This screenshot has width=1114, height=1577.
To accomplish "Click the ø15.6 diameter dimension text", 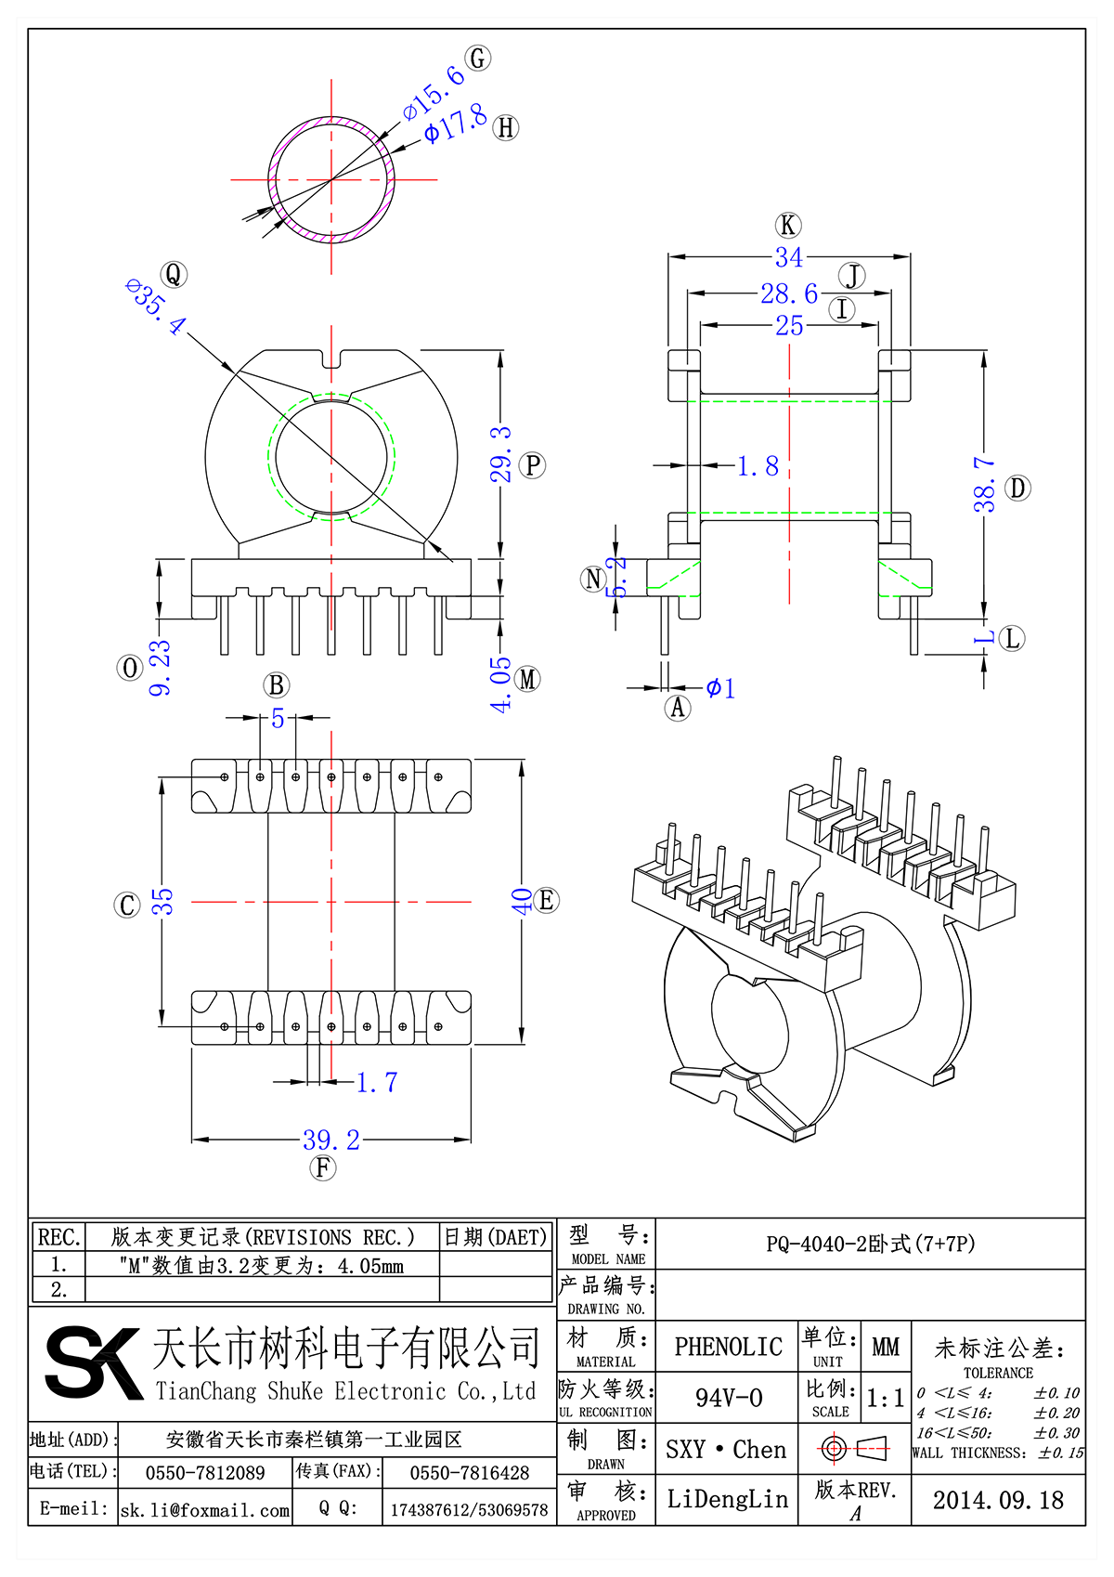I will (x=434, y=93).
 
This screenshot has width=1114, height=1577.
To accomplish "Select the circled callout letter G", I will (x=478, y=59).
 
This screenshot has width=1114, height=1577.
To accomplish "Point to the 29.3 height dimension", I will (x=500, y=454).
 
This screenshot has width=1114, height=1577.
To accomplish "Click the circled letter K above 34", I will (x=788, y=225).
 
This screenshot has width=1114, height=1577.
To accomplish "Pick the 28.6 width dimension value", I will (x=789, y=293).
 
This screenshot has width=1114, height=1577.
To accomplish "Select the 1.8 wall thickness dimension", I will (x=758, y=466).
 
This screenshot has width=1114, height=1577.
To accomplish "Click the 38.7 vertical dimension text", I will (x=984, y=484).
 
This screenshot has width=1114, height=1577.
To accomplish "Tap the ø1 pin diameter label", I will (x=720, y=688).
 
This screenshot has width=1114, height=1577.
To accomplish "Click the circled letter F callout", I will (x=322, y=1167).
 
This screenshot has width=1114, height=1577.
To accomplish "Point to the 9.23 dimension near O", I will (x=161, y=667).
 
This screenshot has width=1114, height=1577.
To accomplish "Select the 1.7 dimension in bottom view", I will (x=377, y=1082).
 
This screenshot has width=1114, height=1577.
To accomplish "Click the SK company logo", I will (x=93, y=1362).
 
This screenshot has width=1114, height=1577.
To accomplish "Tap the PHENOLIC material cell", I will (x=728, y=1347).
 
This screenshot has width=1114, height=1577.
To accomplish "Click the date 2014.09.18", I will (x=998, y=1500).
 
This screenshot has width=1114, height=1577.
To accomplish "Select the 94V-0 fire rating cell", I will (x=728, y=1398).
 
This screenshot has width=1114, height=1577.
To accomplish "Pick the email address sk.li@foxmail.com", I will (x=205, y=1510).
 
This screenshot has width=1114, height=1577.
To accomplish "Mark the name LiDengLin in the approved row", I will (x=727, y=1499).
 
